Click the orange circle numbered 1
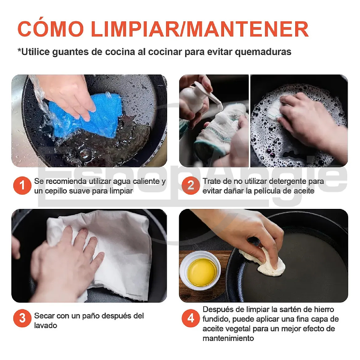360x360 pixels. click(x=22, y=186)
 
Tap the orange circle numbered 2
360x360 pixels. click(x=190, y=186)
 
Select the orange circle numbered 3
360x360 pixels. click(x=22, y=318)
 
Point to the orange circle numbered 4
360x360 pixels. click(x=190, y=318)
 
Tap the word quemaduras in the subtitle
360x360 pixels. click(x=263, y=52)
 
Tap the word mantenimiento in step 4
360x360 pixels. click(x=228, y=338)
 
